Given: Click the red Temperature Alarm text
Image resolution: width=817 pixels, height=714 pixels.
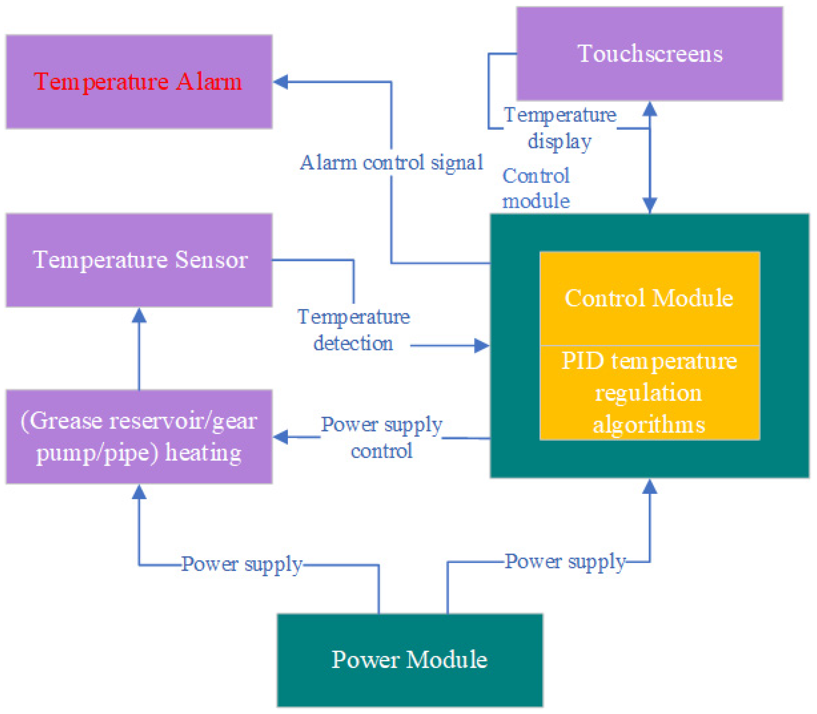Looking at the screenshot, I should click(x=138, y=82).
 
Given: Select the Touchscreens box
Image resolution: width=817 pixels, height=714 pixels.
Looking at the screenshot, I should click(x=650, y=54).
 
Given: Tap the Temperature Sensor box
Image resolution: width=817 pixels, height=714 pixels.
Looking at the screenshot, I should click(x=139, y=260).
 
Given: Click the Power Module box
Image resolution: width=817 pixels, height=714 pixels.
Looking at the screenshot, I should click(x=410, y=660).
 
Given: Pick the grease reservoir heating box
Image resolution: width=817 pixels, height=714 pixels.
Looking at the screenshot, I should click(x=139, y=437).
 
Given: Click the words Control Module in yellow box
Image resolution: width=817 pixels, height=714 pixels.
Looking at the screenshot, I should click(x=649, y=298).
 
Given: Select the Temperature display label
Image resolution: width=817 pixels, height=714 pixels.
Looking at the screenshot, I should click(x=560, y=128).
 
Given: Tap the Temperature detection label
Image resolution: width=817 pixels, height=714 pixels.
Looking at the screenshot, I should click(x=354, y=330).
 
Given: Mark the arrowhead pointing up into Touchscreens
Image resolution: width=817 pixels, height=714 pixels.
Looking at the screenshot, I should click(x=650, y=109).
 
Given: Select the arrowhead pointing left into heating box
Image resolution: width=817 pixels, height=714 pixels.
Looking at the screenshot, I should click(x=281, y=437).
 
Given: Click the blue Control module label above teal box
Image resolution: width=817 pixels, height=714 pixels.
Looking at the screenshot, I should click(x=536, y=188).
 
